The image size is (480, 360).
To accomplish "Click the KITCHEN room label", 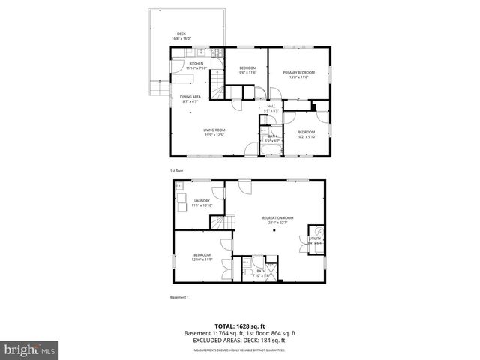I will coord(196,64).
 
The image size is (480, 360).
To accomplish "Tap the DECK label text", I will coord(181,34).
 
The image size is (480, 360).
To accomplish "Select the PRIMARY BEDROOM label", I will coord(298,72).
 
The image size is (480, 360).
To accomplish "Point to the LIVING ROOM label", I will coord(214,130).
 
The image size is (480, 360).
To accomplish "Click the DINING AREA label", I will coord(190,97).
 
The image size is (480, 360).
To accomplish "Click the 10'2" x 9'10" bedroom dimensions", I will coord(306,137).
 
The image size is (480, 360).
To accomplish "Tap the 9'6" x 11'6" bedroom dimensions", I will coord(248,73).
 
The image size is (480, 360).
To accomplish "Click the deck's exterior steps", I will coord(157,88).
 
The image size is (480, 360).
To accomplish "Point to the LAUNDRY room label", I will coord(202,201).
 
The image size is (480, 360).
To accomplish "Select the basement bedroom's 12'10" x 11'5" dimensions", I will coord(202,260).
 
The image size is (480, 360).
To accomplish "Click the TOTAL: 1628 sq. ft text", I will coord(241,326).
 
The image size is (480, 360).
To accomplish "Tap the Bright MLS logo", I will coord(30,349).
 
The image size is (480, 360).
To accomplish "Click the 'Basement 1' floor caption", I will coord(179,298).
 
